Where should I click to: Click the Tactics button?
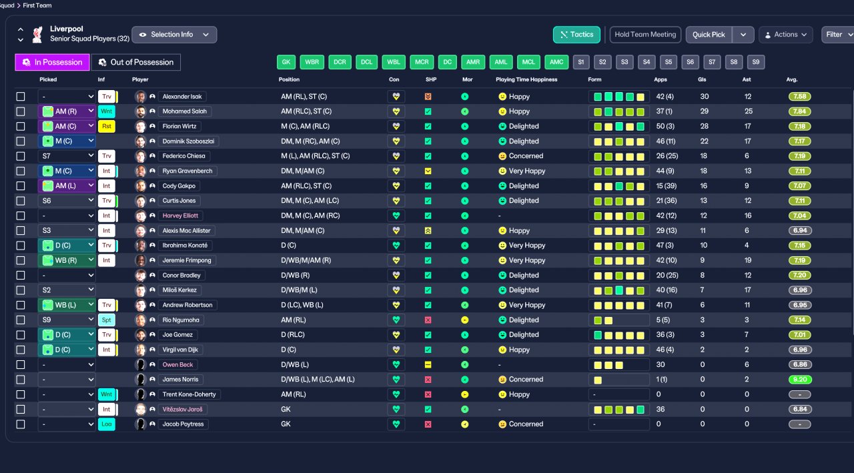click(x=576, y=35)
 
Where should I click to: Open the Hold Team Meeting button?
click(x=645, y=35)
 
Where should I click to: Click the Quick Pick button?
click(x=709, y=35)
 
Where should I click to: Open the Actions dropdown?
click(x=785, y=35)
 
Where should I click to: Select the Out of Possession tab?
click(x=136, y=62)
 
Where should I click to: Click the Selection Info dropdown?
click(x=173, y=35)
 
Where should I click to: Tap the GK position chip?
click(x=286, y=62)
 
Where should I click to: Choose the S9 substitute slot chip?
click(x=755, y=62)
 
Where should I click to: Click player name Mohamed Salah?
click(x=185, y=111)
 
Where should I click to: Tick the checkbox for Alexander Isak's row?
click(x=21, y=97)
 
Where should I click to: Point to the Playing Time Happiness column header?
click(x=526, y=79)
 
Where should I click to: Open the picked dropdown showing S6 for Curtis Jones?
click(x=67, y=201)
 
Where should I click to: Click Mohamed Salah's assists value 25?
click(x=749, y=111)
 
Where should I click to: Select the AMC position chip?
click(x=556, y=62)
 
